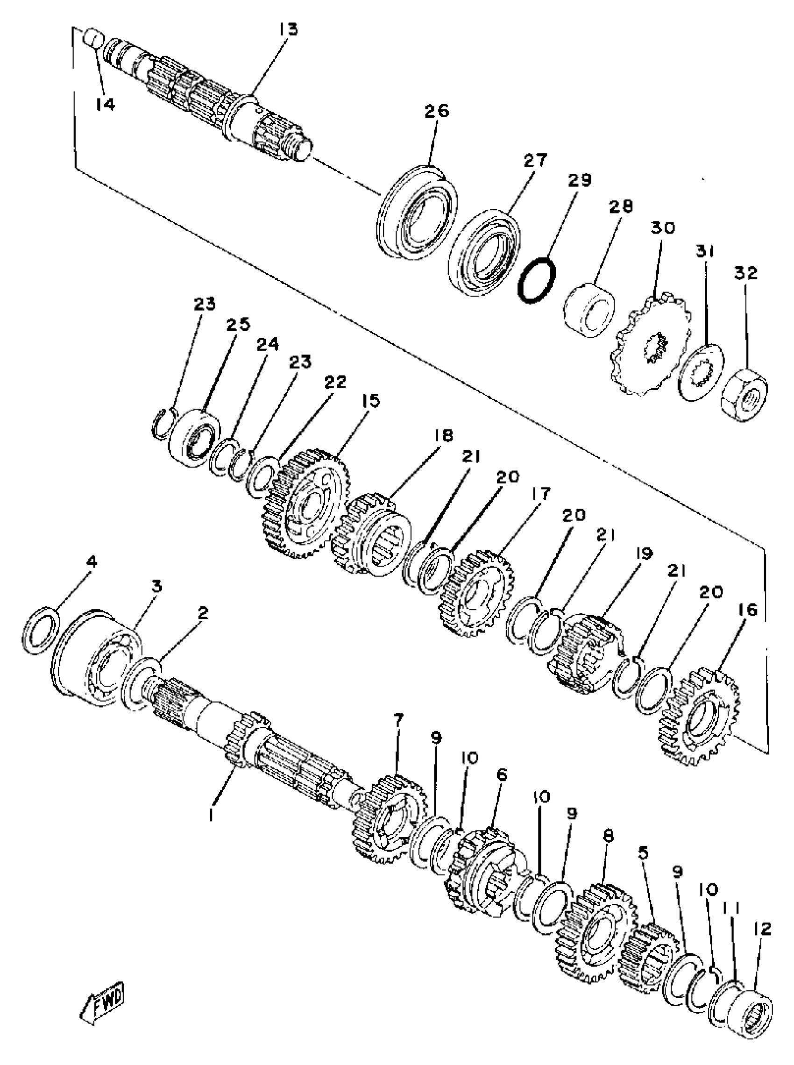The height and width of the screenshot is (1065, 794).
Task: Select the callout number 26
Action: click(x=436, y=112)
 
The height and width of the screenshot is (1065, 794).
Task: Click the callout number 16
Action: click(x=745, y=611)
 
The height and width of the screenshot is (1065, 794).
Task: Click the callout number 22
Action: click(x=334, y=383)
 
